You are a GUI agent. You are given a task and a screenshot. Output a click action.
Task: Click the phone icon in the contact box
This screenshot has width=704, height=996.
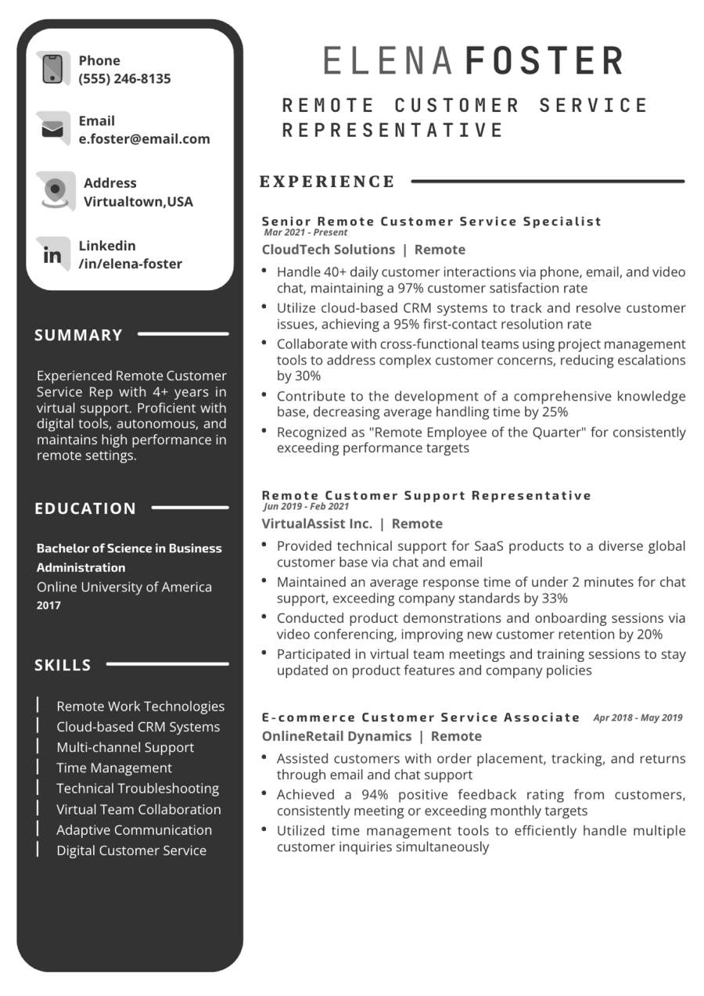click(x=52, y=69)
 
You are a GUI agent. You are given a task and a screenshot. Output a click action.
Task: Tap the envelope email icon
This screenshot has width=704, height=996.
click(x=52, y=128)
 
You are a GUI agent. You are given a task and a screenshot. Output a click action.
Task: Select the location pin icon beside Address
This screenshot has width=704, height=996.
click(x=54, y=190)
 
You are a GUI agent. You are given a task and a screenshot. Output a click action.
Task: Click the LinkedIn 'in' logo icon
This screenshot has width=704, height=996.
click(x=52, y=253)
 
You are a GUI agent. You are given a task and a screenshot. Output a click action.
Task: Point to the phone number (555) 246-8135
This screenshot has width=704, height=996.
click(x=124, y=78)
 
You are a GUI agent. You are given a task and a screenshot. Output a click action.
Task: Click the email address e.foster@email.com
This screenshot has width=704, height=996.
click(x=144, y=139)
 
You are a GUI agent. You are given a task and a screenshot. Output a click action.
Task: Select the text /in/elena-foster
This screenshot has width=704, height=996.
click(x=130, y=264)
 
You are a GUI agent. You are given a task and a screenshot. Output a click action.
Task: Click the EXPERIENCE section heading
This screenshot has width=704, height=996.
click(x=328, y=182)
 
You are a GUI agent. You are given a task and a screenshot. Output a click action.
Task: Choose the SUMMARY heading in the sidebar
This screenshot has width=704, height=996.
click(x=79, y=335)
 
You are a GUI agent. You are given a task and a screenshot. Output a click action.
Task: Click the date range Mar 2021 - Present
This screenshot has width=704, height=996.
click(x=305, y=232)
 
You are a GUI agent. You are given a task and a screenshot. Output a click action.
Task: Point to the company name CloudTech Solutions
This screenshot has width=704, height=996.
click(x=329, y=250)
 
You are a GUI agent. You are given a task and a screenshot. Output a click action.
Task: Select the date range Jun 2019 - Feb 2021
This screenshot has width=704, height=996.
click(x=307, y=506)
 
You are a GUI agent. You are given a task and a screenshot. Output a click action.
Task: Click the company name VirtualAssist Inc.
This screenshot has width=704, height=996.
click(x=317, y=523)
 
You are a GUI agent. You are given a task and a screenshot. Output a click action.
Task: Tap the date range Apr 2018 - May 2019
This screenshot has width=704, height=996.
click(x=638, y=717)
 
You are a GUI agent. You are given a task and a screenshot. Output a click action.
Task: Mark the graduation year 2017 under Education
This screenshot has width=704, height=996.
click(x=48, y=606)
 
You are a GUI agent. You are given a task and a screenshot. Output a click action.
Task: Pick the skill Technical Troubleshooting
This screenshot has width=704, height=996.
click(x=138, y=789)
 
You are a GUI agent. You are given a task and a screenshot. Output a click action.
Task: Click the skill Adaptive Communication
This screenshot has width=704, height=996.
click(x=134, y=830)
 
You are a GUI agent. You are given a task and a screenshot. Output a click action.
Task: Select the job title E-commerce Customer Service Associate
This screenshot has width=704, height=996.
click(x=421, y=717)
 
